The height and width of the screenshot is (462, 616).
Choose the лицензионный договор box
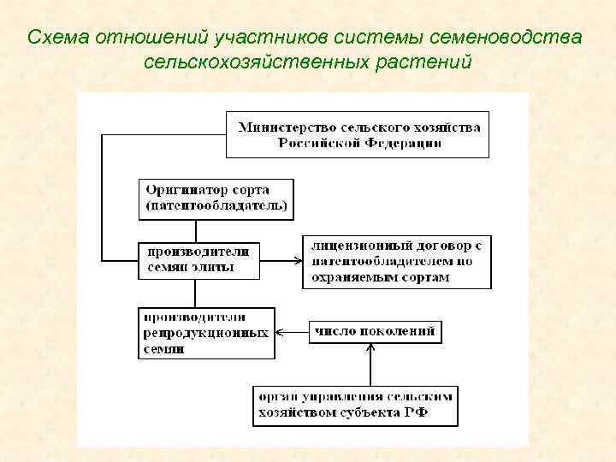[396, 263]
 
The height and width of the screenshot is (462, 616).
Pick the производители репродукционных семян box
[206, 333]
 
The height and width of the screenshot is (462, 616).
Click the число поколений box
[374, 331]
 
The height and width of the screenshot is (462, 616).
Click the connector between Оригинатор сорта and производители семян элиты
[196, 231]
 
